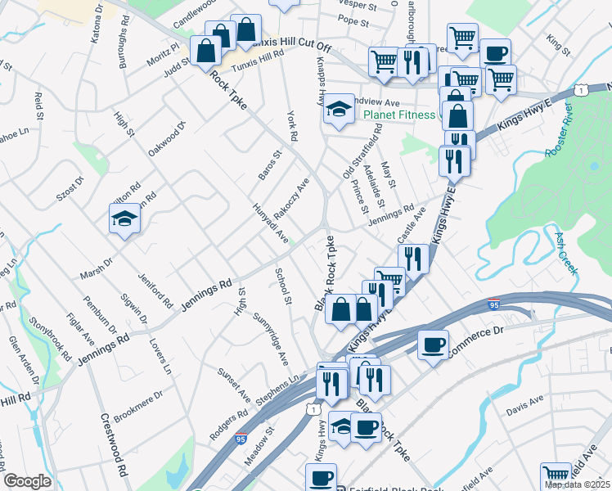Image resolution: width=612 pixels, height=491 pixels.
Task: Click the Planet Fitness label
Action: click(399, 115)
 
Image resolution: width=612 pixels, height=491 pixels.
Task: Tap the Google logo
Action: click(27, 481)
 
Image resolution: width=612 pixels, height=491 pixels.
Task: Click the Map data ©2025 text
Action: click(577, 484)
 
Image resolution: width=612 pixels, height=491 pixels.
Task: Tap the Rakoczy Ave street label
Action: click(292, 198)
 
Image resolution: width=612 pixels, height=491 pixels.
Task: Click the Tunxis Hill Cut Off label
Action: click(286, 46)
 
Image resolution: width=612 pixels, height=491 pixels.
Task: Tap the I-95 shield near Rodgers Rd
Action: click(241, 439)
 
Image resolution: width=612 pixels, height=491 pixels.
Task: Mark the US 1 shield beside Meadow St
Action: click(312, 408)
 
